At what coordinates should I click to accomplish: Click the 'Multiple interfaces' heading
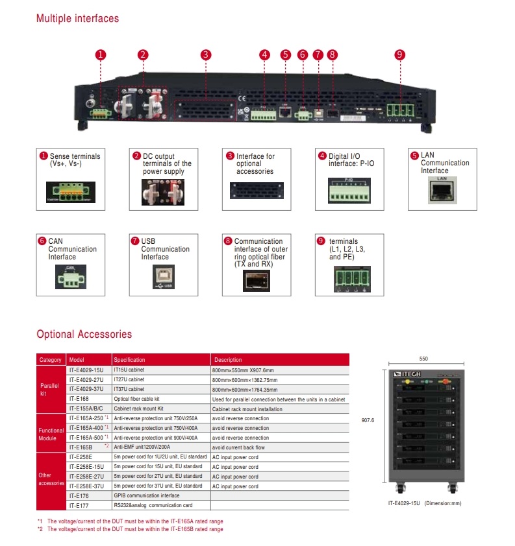click(77, 18)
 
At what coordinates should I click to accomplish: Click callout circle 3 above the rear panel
click(205, 55)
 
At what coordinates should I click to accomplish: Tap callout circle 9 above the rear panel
click(400, 55)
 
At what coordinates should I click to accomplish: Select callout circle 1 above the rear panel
click(100, 55)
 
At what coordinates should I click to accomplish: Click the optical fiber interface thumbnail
click(256, 279)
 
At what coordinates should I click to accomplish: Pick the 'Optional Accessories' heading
click(84, 335)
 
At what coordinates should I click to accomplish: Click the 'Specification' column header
click(129, 360)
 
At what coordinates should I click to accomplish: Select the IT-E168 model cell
click(79, 399)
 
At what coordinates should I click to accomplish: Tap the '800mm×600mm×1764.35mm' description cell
click(244, 390)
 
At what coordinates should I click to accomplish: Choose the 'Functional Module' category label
click(51, 433)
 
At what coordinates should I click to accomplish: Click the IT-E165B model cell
click(81, 447)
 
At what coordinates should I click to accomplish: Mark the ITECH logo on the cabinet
click(407, 375)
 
